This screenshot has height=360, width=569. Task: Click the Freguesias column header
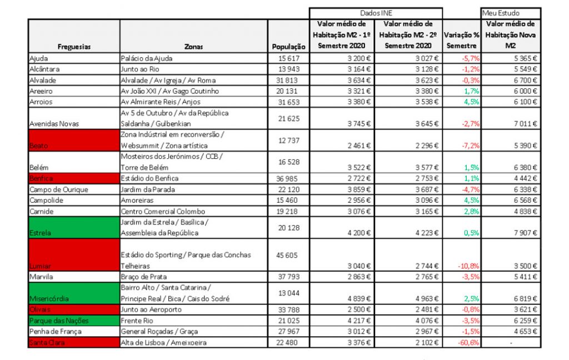click(x=73, y=47)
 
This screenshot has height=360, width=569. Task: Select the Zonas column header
click(x=193, y=47)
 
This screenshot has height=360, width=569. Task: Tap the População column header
click(x=289, y=47)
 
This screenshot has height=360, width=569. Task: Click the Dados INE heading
click(x=376, y=12)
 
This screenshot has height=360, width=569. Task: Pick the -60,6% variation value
click(x=469, y=343)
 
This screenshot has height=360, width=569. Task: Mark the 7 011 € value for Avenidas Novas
click(x=523, y=124)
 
